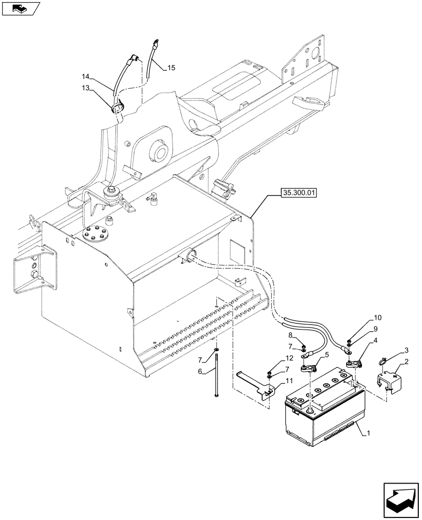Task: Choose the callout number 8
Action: click(292, 336)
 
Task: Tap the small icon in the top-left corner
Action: click(20, 8)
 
